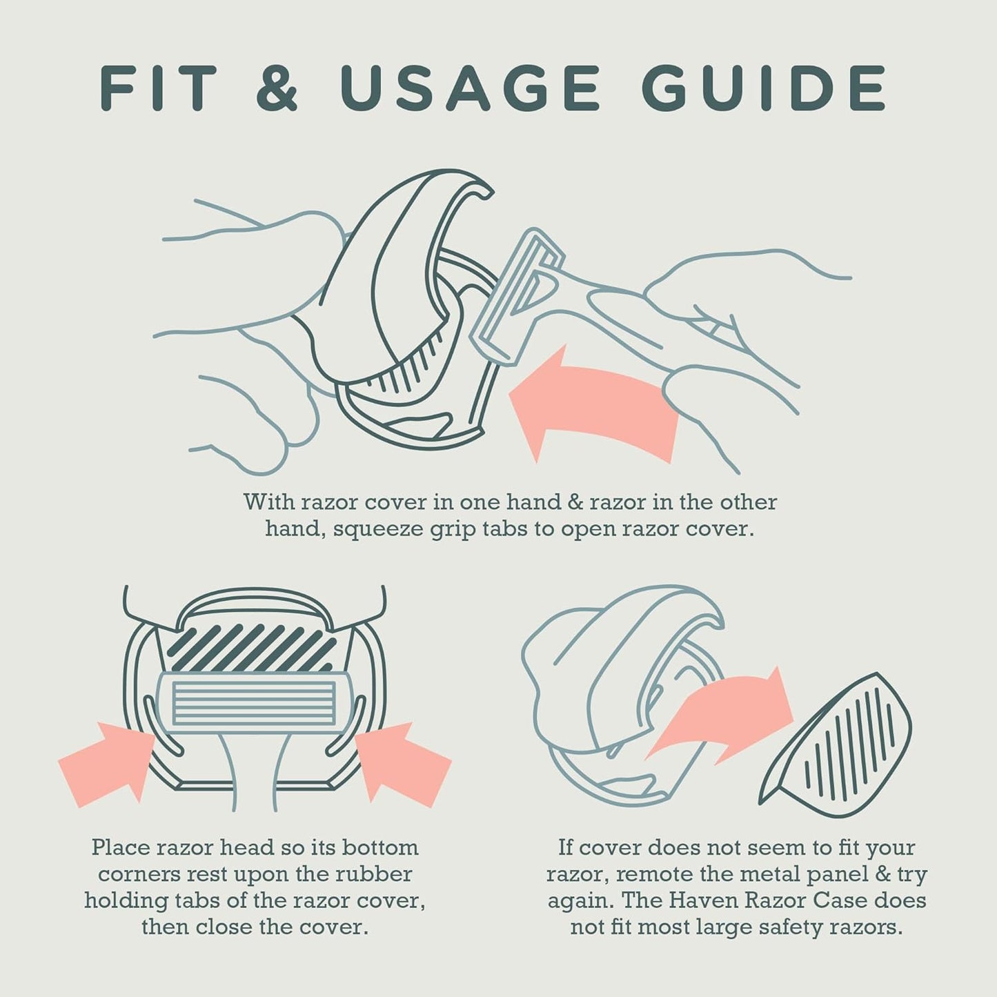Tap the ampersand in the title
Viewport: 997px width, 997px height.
tap(277, 87)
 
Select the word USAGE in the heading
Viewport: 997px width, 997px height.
tap(469, 87)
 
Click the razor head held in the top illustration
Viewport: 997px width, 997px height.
tap(516, 297)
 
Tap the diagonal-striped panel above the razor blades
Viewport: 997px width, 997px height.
tap(253, 648)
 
